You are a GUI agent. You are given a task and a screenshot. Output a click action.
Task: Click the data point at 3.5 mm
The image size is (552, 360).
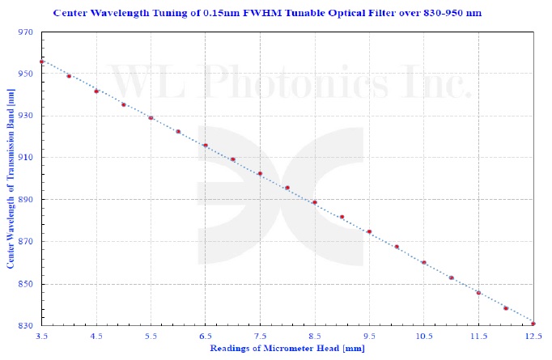click(42, 61)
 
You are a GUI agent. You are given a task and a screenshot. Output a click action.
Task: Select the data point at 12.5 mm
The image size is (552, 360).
click(533, 324)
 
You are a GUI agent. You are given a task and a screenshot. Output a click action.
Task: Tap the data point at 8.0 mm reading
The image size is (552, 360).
click(287, 188)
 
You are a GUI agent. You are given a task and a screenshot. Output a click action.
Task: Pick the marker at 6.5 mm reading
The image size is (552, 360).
click(206, 146)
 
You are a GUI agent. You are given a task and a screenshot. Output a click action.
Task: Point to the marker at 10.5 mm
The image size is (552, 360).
click(423, 262)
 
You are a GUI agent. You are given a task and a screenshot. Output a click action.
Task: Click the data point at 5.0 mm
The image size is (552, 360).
click(124, 104)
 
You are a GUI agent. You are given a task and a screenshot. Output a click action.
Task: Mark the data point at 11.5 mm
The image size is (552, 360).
click(478, 293)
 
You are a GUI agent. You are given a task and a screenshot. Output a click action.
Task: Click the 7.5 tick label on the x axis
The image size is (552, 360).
click(260, 335)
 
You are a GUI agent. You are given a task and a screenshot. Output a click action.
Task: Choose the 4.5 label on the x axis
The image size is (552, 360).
click(96, 335)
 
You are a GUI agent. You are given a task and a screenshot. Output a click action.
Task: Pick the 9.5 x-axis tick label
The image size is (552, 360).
click(369, 335)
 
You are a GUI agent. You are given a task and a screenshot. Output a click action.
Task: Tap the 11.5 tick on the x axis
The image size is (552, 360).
click(478, 335)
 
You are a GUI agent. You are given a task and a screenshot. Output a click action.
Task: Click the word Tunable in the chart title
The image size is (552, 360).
click(319, 14)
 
